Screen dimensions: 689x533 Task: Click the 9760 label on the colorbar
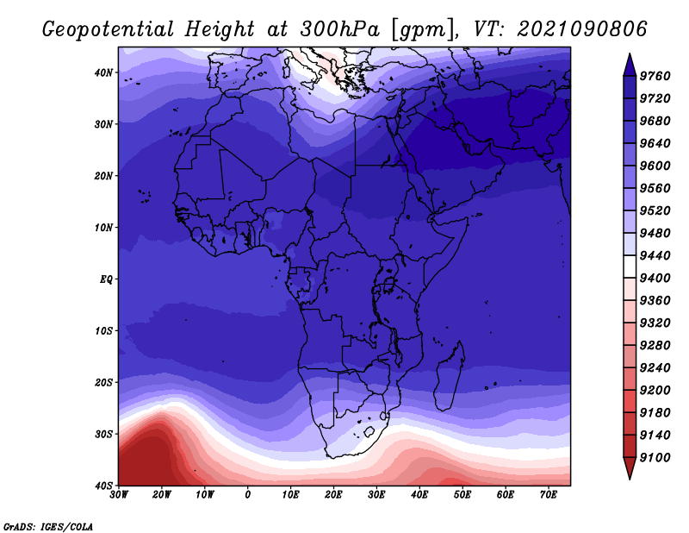(655, 76)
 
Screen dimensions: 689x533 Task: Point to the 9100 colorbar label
(655, 458)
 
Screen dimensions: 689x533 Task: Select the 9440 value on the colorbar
(655, 255)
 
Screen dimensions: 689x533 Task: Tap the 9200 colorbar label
(655, 391)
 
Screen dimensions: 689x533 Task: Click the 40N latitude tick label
(103, 72)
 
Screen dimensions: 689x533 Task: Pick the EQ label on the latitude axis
(106, 279)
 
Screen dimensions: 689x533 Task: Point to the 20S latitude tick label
(103, 382)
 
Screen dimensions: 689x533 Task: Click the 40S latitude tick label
(103, 486)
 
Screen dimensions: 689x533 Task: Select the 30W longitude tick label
(119, 495)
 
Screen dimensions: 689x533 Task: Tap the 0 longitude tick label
(248, 495)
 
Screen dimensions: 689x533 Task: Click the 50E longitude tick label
(462, 495)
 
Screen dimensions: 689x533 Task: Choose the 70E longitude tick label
(548, 495)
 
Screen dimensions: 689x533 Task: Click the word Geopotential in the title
(108, 30)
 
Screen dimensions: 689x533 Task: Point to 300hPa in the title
(339, 29)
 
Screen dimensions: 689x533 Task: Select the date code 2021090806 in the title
(582, 29)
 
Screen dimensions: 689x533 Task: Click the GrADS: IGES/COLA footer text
(48, 527)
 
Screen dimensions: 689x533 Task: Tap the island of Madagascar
(449, 376)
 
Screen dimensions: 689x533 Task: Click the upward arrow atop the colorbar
(630, 65)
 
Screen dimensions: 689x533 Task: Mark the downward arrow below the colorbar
(630, 468)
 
